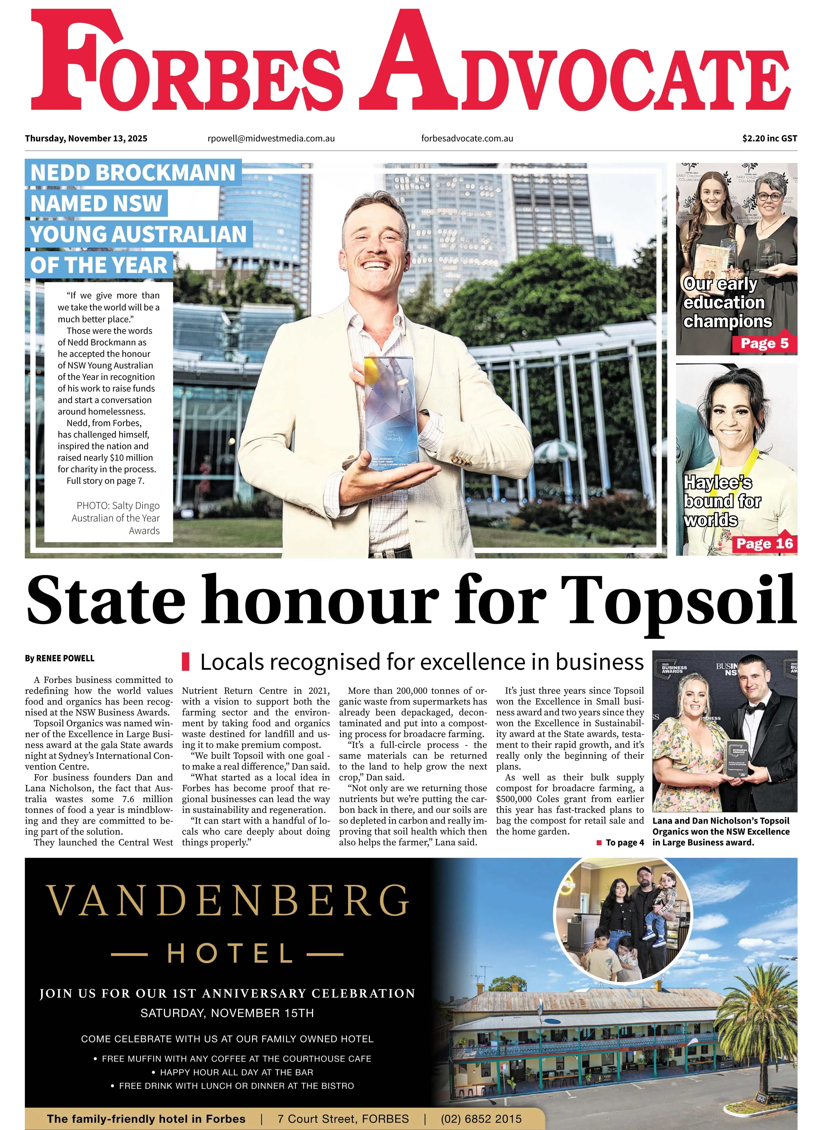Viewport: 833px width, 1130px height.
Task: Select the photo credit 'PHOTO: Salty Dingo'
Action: (x=118, y=506)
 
